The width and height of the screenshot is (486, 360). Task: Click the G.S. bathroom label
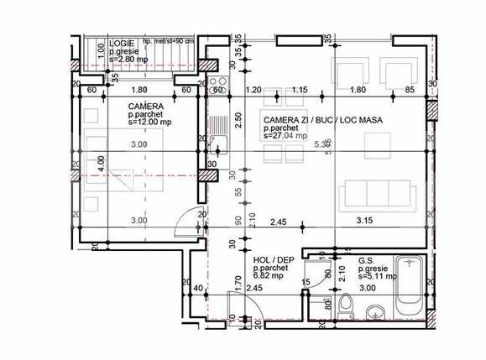tap(366, 260)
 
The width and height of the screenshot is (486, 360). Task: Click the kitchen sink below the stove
tap(218, 126)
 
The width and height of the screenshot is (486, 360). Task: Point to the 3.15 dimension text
tap(364, 222)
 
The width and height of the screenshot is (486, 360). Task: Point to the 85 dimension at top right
tap(410, 90)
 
